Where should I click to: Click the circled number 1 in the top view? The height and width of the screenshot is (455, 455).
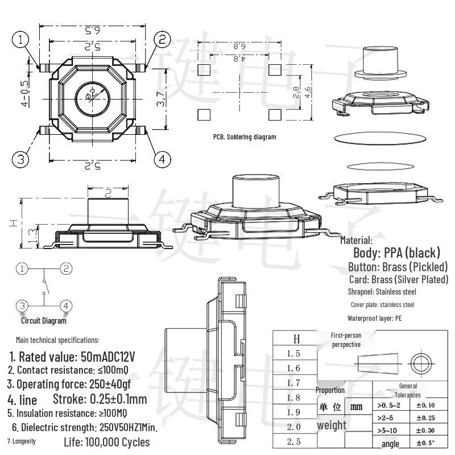tap(21, 39)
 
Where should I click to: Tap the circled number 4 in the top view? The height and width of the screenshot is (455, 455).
tap(162, 159)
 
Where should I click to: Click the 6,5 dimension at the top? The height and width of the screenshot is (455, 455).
tap(92, 30)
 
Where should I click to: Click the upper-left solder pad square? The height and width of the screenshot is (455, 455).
tap(204, 70)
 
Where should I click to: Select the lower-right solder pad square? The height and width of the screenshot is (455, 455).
tap(275, 114)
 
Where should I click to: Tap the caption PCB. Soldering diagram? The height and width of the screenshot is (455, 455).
tap(245, 137)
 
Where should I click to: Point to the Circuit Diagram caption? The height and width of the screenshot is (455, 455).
tap(44, 321)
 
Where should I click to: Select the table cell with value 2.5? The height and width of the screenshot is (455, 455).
tap(293, 441)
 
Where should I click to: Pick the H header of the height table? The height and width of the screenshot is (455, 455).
tap(296, 339)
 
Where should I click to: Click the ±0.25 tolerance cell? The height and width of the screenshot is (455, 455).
tap(425, 418)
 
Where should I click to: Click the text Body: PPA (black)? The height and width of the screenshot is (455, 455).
tap(396, 253)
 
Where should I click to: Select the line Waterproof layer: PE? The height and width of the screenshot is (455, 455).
tap(374, 318)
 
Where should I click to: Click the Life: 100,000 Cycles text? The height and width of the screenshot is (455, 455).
tap(107, 442)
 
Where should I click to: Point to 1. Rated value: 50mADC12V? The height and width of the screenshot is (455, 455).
tap(72, 357)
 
